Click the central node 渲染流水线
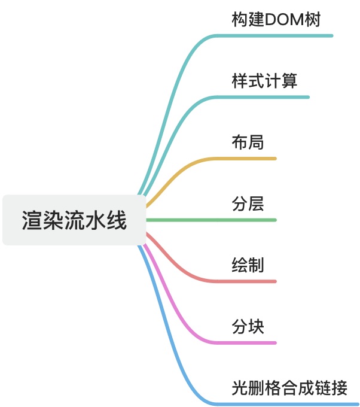pos(74,220)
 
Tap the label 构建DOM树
pos(276,20)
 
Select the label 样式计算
pos(264,81)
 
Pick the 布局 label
pos(248,142)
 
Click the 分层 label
pos(248,203)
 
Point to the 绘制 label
pos(248,265)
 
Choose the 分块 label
pos(248,326)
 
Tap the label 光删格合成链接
pos(289,388)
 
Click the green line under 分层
pos(239,220)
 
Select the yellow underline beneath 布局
pos(251,159)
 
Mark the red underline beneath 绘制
pos(251,281)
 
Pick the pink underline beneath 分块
pos(251,343)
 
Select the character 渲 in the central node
pos(30,220)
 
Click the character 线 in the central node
pos(118,220)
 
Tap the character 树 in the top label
pos(313,20)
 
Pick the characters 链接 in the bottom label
pos(331,388)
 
